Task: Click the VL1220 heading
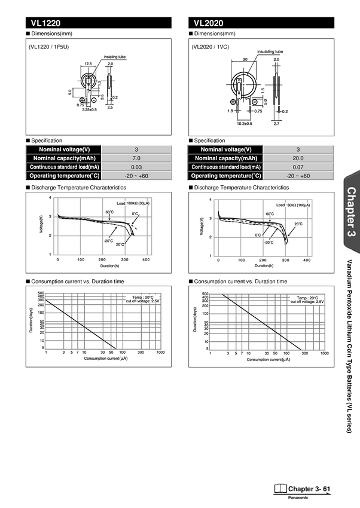click(46, 24)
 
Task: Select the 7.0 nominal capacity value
click(136, 158)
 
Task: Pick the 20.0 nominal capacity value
click(298, 158)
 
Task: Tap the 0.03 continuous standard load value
click(136, 167)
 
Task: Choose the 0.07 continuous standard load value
click(298, 167)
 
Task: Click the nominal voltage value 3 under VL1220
click(136, 149)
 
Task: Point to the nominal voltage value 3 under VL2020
click(298, 149)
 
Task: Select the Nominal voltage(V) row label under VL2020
click(225, 149)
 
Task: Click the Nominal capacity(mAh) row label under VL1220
click(64, 158)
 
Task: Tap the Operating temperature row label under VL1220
click(64, 176)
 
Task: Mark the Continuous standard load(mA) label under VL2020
click(225, 167)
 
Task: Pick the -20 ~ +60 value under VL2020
click(298, 176)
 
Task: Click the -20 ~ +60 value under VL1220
click(136, 176)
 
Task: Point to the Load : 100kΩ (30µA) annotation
click(133, 204)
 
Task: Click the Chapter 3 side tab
click(351, 213)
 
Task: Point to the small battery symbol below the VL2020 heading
click(239, 88)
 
